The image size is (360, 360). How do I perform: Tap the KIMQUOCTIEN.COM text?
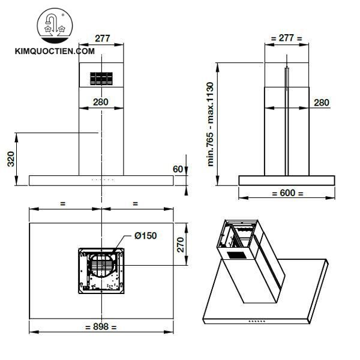tap(55, 52)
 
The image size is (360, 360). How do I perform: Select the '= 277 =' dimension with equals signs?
tap(286, 38)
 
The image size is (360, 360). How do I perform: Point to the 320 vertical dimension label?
tap(11, 160)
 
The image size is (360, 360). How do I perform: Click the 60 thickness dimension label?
tap(177, 169)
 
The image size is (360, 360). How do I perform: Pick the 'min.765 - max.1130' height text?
tap(211, 124)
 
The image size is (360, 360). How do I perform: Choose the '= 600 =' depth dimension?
tap(287, 193)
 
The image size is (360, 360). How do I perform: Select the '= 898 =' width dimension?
tap(101, 327)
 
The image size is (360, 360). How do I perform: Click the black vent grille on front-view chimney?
tap(101, 78)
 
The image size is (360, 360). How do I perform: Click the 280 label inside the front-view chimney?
tap(101, 102)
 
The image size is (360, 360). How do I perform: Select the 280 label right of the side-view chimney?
tap(322, 103)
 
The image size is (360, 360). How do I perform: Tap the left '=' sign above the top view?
tap(62, 203)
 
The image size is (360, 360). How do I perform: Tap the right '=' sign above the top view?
tap(135, 203)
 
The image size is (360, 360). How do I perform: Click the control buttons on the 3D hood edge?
tap(259, 322)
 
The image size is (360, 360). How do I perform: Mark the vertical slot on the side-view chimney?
tap(287, 120)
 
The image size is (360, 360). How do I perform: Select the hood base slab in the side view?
tap(286, 180)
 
